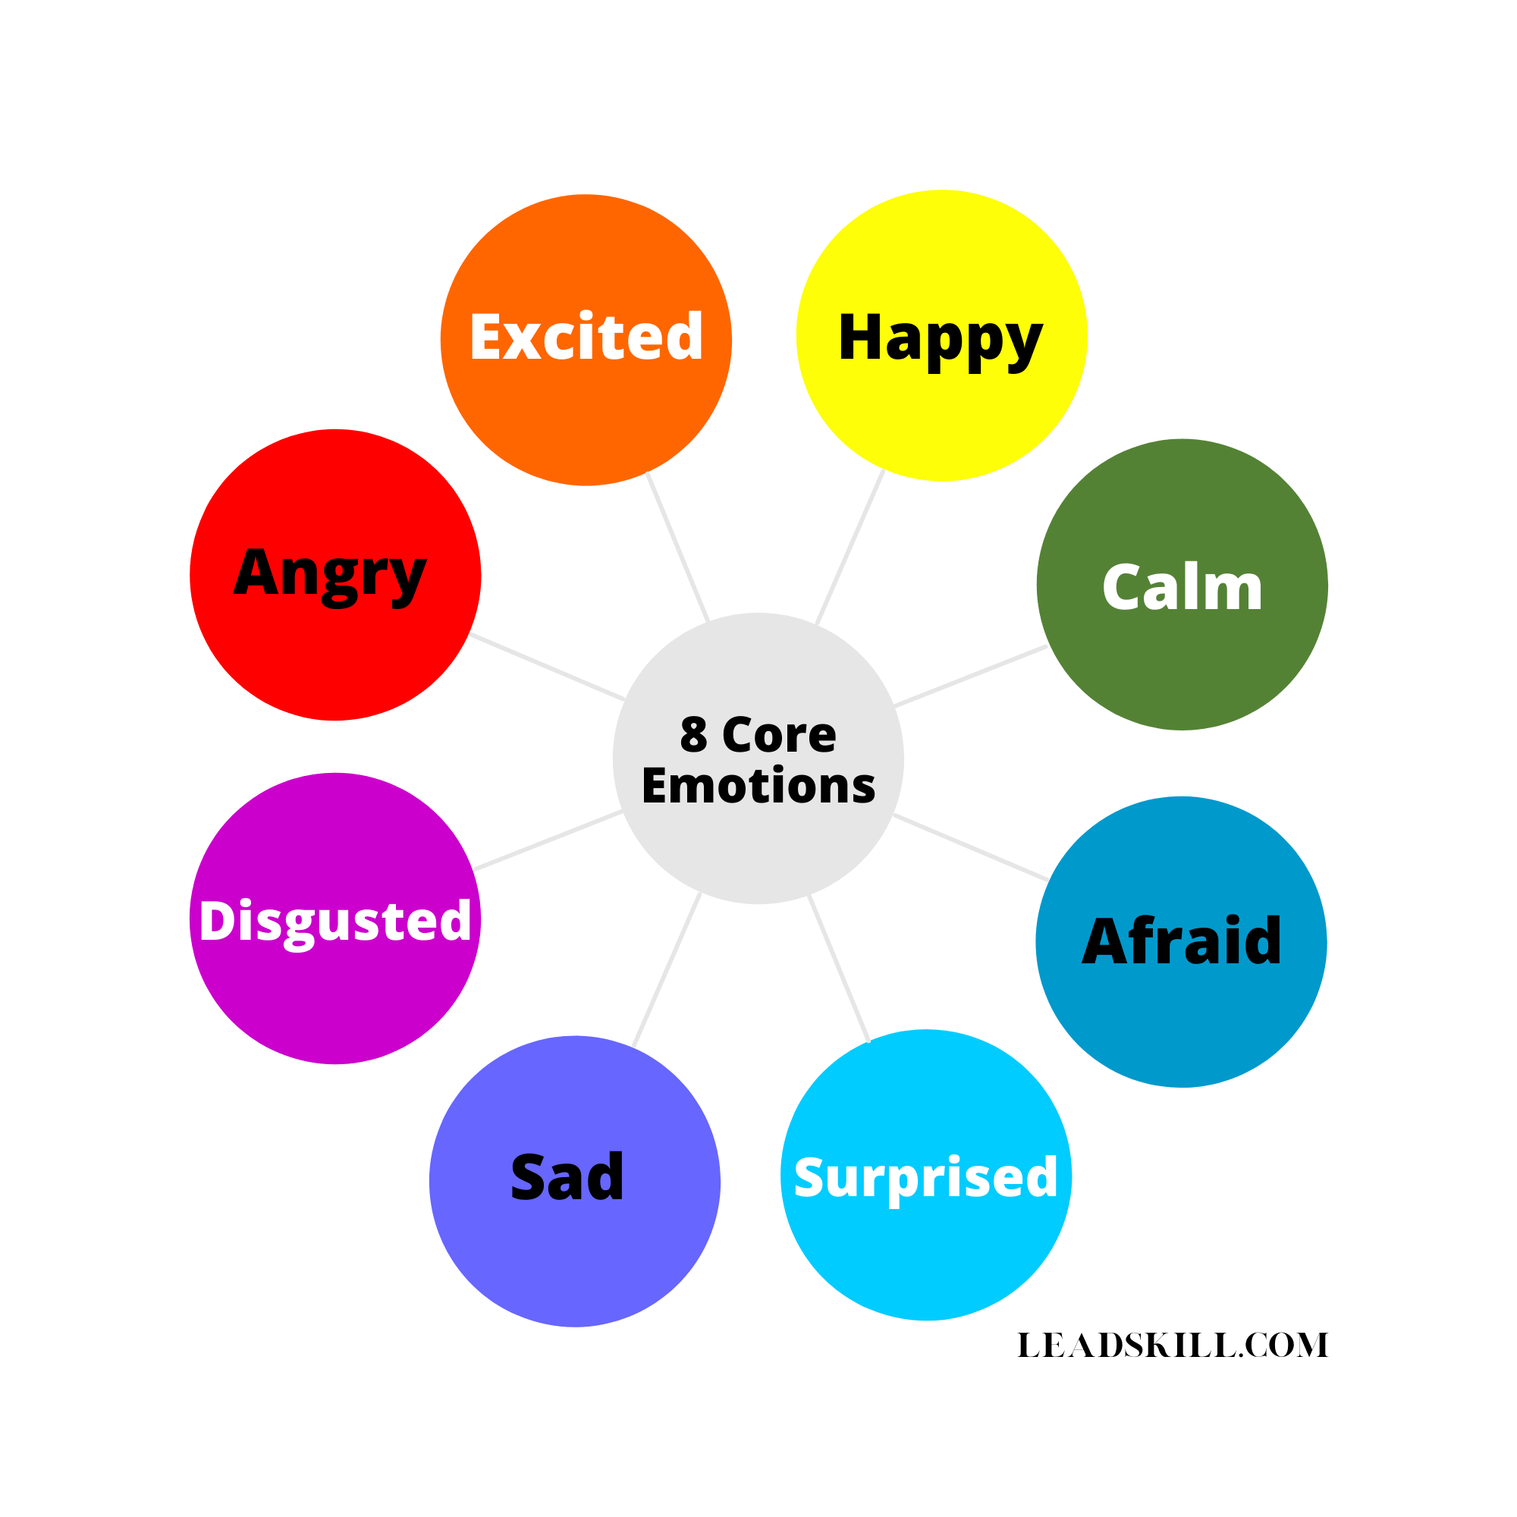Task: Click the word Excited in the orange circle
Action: pyautogui.click(x=586, y=337)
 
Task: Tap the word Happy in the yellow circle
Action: pyautogui.click(x=940, y=338)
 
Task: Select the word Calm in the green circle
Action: pyautogui.click(x=1182, y=587)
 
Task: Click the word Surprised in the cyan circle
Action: pyautogui.click(x=925, y=1178)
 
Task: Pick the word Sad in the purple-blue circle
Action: pyautogui.click(x=567, y=1177)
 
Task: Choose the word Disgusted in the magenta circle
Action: pyautogui.click(x=335, y=920)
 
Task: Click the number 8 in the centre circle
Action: pyautogui.click(x=693, y=735)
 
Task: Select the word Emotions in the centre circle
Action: pyautogui.click(x=758, y=786)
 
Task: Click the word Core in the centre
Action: pyautogui.click(x=779, y=735)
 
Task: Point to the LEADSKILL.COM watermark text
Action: pyautogui.click(x=1173, y=1345)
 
